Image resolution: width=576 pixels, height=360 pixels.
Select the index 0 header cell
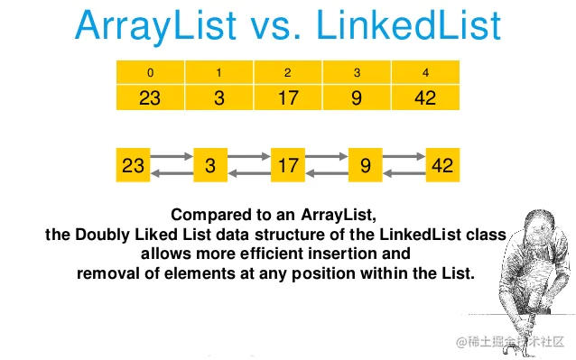point(150,71)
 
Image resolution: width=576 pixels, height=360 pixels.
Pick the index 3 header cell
point(357,71)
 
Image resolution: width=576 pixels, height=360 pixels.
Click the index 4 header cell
point(425,71)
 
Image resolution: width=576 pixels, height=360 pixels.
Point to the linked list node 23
point(133,166)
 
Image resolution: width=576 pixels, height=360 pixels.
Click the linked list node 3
point(210,166)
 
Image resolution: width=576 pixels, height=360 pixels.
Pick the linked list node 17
point(288,166)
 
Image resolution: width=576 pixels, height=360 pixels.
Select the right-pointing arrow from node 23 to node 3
point(172,158)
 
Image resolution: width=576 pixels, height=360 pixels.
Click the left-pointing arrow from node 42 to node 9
point(404,174)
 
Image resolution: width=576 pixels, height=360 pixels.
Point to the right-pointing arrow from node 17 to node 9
point(327,158)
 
